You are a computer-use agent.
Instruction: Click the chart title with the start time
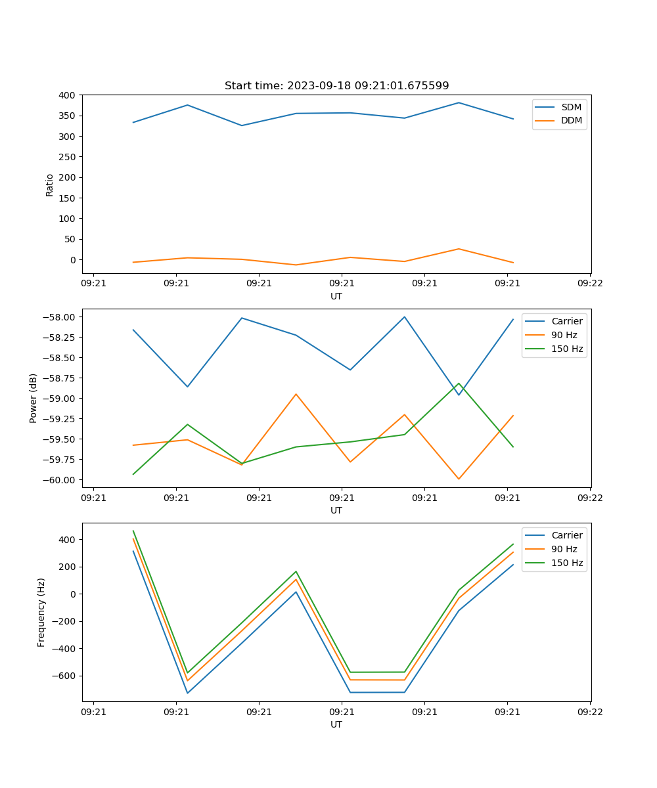[336, 86]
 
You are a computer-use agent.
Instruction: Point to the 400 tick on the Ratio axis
[68, 95]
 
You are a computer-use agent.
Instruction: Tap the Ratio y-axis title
[50, 185]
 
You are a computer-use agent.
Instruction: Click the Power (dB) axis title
[34, 398]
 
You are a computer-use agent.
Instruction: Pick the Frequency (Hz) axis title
[41, 612]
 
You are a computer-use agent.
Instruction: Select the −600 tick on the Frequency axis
[65, 676]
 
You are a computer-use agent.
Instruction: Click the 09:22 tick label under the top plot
[590, 283]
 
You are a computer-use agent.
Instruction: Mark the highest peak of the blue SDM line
[459, 102]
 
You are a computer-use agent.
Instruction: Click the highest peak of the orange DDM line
[459, 249]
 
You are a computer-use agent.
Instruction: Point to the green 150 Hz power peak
[459, 383]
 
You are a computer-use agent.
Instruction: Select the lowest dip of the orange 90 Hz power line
[459, 479]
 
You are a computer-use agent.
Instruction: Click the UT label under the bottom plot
[336, 724]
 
